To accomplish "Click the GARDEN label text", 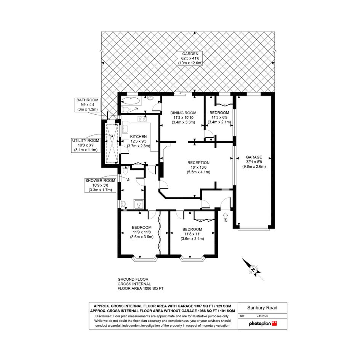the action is (x=190, y=54).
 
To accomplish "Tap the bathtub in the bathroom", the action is (x=131, y=101).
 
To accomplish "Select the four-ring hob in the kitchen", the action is (x=142, y=119).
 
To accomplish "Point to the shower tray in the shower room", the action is (x=139, y=204).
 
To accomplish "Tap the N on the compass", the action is (x=253, y=270).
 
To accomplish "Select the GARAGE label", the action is (x=254, y=157).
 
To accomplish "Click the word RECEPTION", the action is (x=198, y=163).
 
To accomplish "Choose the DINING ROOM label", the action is (x=183, y=113).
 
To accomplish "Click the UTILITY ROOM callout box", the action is (x=86, y=145).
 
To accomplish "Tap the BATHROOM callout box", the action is (x=88, y=105).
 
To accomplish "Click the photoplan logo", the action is (x=263, y=323).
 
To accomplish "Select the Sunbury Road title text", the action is (x=262, y=308).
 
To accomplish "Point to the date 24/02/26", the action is (x=262, y=316).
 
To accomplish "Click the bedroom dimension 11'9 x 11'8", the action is (x=142, y=232).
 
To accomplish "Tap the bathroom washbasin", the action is (x=150, y=98).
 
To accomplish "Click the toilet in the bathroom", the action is (x=125, y=109).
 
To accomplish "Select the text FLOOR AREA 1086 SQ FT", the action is (x=141, y=288).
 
